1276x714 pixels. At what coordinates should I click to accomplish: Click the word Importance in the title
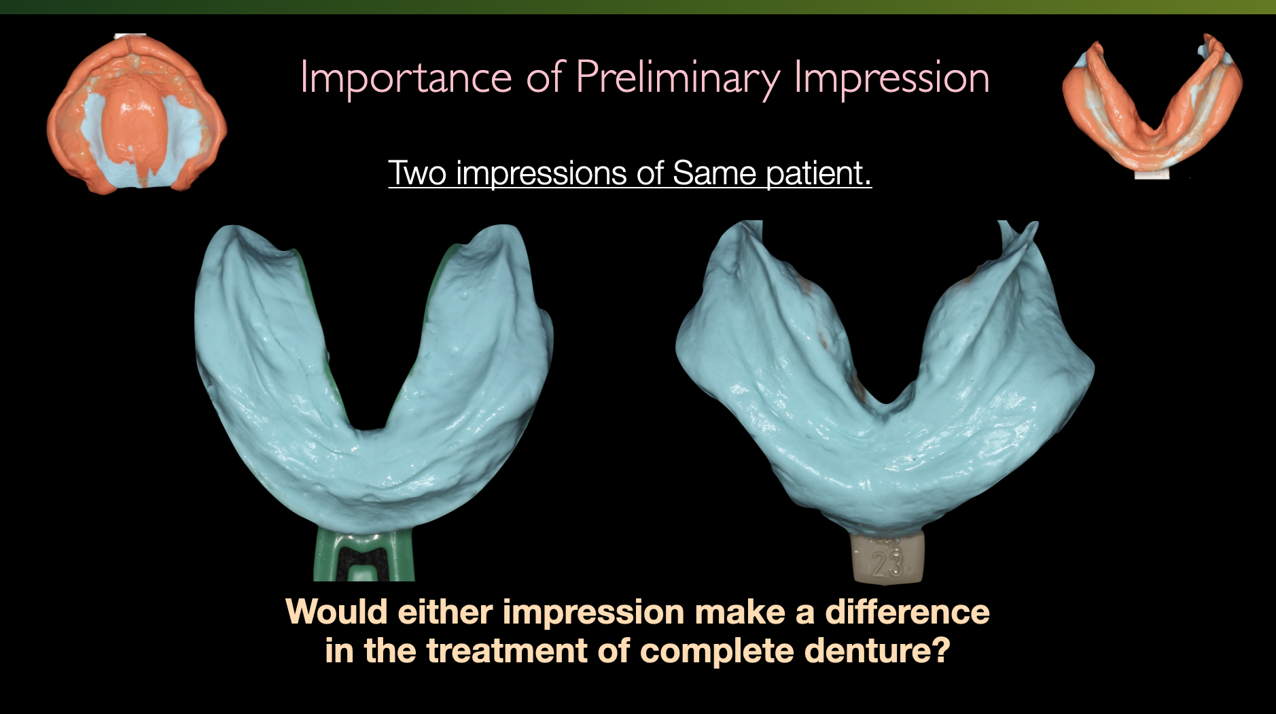[x=406, y=78]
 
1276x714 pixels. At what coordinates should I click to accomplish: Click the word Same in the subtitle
[x=714, y=173]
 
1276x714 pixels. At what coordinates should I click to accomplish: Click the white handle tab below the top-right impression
[x=1152, y=174]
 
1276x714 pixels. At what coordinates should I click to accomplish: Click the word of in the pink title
[x=545, y=78]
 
